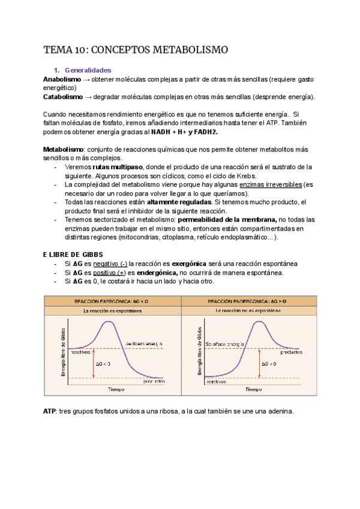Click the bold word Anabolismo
(x=62, y=79)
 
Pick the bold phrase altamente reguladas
(x=178, y=202)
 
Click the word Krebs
(x=243, y=176)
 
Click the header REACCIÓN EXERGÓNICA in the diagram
(x=104, y=301)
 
